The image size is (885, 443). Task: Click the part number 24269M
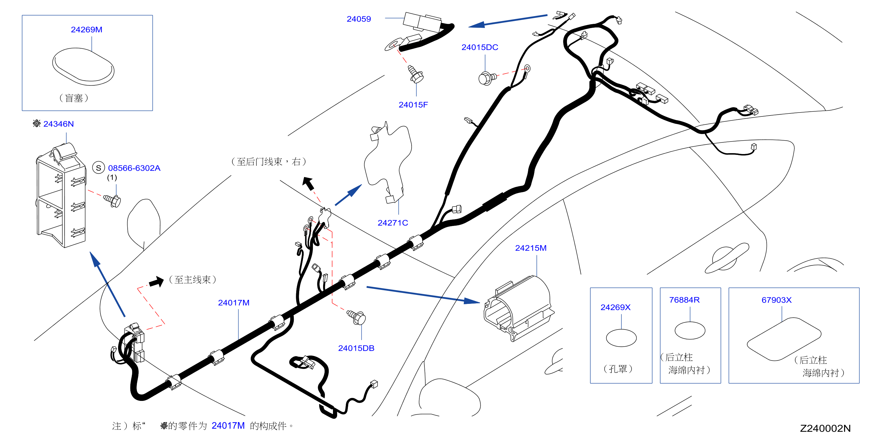[x=87, y=30]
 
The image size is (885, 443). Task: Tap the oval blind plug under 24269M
[x=83, y=67]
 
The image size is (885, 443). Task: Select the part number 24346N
[x=58, y=124]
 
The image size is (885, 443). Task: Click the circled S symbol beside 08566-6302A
[x=99, y=168]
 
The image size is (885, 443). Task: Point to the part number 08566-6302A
[x=134, y=168]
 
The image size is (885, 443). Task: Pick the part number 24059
[x=359, y=19]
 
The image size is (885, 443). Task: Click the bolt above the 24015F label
[x=416, y=74]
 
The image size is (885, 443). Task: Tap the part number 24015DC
[x=480, y=47]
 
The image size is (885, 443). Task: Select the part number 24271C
[x=393, y=223]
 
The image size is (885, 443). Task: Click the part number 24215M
[x=531, y=248]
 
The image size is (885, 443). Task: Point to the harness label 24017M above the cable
[x=234, y=303]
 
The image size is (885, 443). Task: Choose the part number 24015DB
[x=356, y=348]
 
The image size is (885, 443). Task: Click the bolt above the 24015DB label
[x=357, y=317]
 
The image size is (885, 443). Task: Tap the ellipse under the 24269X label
[x=621, y=338]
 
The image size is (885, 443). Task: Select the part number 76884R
[x=684, y=300]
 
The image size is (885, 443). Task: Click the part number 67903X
[x=777, y=300]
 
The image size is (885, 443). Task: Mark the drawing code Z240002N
[x=825, y=428]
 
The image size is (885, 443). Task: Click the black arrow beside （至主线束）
[x=157, y=282]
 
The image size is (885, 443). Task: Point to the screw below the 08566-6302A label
[x=112, y=200]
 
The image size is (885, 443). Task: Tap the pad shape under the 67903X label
[x=784, y=339]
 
